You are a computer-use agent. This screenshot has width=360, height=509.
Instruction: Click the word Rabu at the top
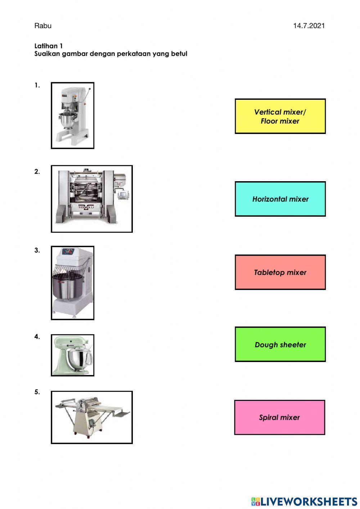[43, 26]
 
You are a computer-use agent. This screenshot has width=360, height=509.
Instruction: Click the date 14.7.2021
[309, 26]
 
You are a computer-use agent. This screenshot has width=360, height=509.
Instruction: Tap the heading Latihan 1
[48, 46]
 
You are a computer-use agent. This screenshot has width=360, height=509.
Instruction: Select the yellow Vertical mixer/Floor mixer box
[280, 116]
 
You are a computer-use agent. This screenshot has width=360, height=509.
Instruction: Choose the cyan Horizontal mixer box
[280, 199]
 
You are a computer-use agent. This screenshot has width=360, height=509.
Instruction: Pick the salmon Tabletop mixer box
[280, 272]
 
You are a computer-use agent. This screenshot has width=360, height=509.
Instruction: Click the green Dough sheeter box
[280, 344]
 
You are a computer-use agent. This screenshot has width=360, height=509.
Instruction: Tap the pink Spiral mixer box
[280, 418]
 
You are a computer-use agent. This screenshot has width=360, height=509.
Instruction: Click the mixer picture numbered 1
[72, 115]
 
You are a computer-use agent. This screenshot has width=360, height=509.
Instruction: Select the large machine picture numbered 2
[92, 199]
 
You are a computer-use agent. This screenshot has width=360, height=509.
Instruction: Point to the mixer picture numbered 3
[72, 283]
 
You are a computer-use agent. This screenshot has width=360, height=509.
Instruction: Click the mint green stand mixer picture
[72, 355]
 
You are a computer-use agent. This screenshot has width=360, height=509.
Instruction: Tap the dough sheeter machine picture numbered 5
[92, 418]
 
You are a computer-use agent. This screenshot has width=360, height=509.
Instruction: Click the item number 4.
[37, 336]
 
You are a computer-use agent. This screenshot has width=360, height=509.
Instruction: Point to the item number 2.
[37, 171]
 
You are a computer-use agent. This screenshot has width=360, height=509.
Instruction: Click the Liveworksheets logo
[304, 501]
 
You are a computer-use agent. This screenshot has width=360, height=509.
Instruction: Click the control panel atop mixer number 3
[68, 251]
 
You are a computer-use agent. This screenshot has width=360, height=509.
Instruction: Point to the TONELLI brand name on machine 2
[86, 207]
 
